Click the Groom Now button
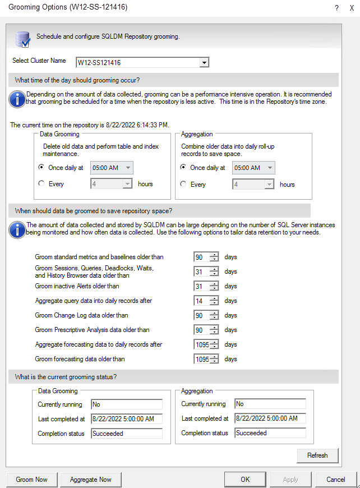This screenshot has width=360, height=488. point(32,480)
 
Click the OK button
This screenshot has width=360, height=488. point(245,480)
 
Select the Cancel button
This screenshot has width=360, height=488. point(335,480)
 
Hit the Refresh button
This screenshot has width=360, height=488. point(317,455)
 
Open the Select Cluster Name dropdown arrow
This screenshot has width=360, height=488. point(204,62)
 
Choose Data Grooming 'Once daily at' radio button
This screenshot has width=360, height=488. point(41,167)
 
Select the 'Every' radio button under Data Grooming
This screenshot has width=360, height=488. point(41,183)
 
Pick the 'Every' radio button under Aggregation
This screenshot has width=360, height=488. point(183,184)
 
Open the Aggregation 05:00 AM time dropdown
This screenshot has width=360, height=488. point(269,168)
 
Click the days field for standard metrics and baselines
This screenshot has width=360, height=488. point(201,257)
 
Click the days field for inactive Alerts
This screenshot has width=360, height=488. point(201,286)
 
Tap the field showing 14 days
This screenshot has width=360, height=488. point(201,301)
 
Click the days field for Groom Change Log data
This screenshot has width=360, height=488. point(201,315)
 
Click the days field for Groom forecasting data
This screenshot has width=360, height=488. point(201,359)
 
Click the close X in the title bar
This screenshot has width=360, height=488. point(352,8)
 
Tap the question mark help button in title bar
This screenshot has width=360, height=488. point(336,8)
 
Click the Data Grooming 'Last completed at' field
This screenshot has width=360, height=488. point(126,418)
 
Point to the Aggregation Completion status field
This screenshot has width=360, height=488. point(270,433)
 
